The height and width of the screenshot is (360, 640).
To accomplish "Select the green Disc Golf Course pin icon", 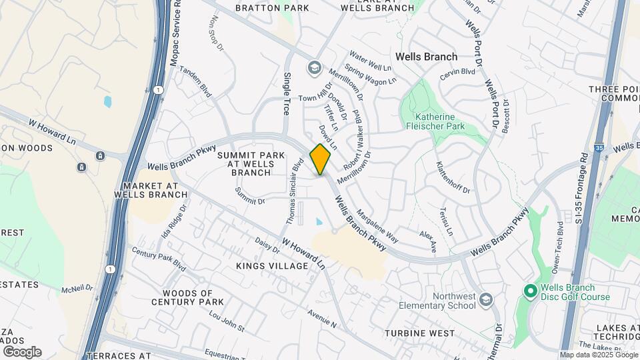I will pyautogui.click(x=530, y=291).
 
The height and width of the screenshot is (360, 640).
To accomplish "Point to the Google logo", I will pyautogui.click(x=22, y=351).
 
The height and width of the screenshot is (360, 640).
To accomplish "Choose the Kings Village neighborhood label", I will pyautogui.click(x=272, y=266).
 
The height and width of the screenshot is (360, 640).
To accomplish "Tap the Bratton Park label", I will pyautogui.click(x=272, y=8).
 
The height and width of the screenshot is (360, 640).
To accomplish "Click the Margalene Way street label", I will pyautogui.click(x=377, y=226).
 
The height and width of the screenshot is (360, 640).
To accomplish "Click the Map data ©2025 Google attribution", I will pyautogui.click(x=598, y=355).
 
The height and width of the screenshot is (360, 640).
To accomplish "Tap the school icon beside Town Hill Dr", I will pyautogui.click(x=313, y=67).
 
